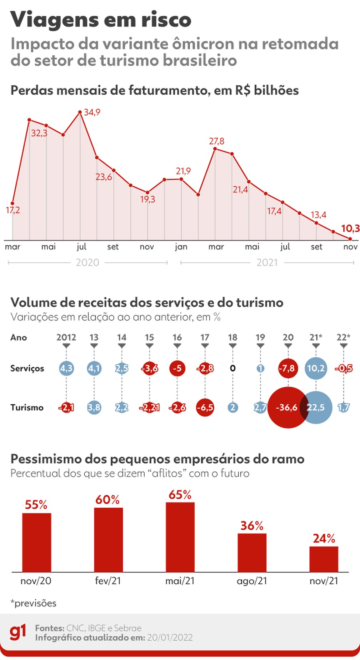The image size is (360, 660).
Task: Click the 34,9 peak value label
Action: [92, 112]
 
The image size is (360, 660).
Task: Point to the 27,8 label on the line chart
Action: [216, 141]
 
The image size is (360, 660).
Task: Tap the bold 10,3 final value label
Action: [350, 228]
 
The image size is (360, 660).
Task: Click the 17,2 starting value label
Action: [12, 210]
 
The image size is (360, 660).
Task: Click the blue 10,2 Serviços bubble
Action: [316, 368]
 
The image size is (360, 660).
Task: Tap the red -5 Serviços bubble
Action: [177, 368]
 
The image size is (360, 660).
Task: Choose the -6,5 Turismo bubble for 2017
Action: [205, 407]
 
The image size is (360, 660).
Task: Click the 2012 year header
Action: [66, 337]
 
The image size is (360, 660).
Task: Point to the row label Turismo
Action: [27, 407]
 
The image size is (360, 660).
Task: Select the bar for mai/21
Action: [180, 537]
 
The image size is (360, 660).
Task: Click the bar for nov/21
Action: [324, 559]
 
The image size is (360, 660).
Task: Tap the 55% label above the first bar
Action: [36, 505]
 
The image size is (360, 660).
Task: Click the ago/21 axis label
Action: [252, 581]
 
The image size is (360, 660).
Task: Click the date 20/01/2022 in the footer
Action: [170, 638]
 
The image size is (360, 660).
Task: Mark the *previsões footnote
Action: [34, 603]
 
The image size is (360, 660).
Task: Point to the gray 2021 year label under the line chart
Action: [267, 263]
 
